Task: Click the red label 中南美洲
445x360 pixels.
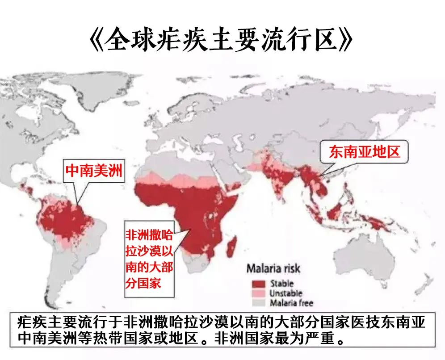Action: (93, 170)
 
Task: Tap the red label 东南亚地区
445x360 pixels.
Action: (363, 152)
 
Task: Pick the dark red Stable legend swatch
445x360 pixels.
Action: (256, 284)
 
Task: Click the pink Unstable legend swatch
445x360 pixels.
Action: (256, 293)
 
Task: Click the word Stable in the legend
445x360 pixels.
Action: (281, 284)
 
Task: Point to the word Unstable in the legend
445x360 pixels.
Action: (285, 293)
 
